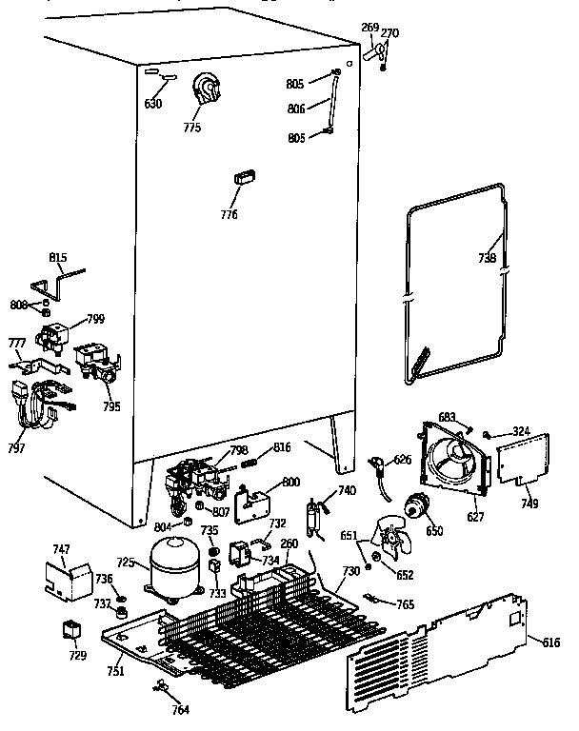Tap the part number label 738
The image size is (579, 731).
tap(486, 257)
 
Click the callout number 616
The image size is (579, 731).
tap(551, 644)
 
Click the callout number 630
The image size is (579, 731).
tap(152, 104)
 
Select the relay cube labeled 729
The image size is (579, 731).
tap(70, 629)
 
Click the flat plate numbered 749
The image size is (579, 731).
tap(522, 460)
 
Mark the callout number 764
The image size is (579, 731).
tap(181, 709)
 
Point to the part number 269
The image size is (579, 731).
tap(369, 27)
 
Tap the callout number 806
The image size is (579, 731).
tap(295, 109)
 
